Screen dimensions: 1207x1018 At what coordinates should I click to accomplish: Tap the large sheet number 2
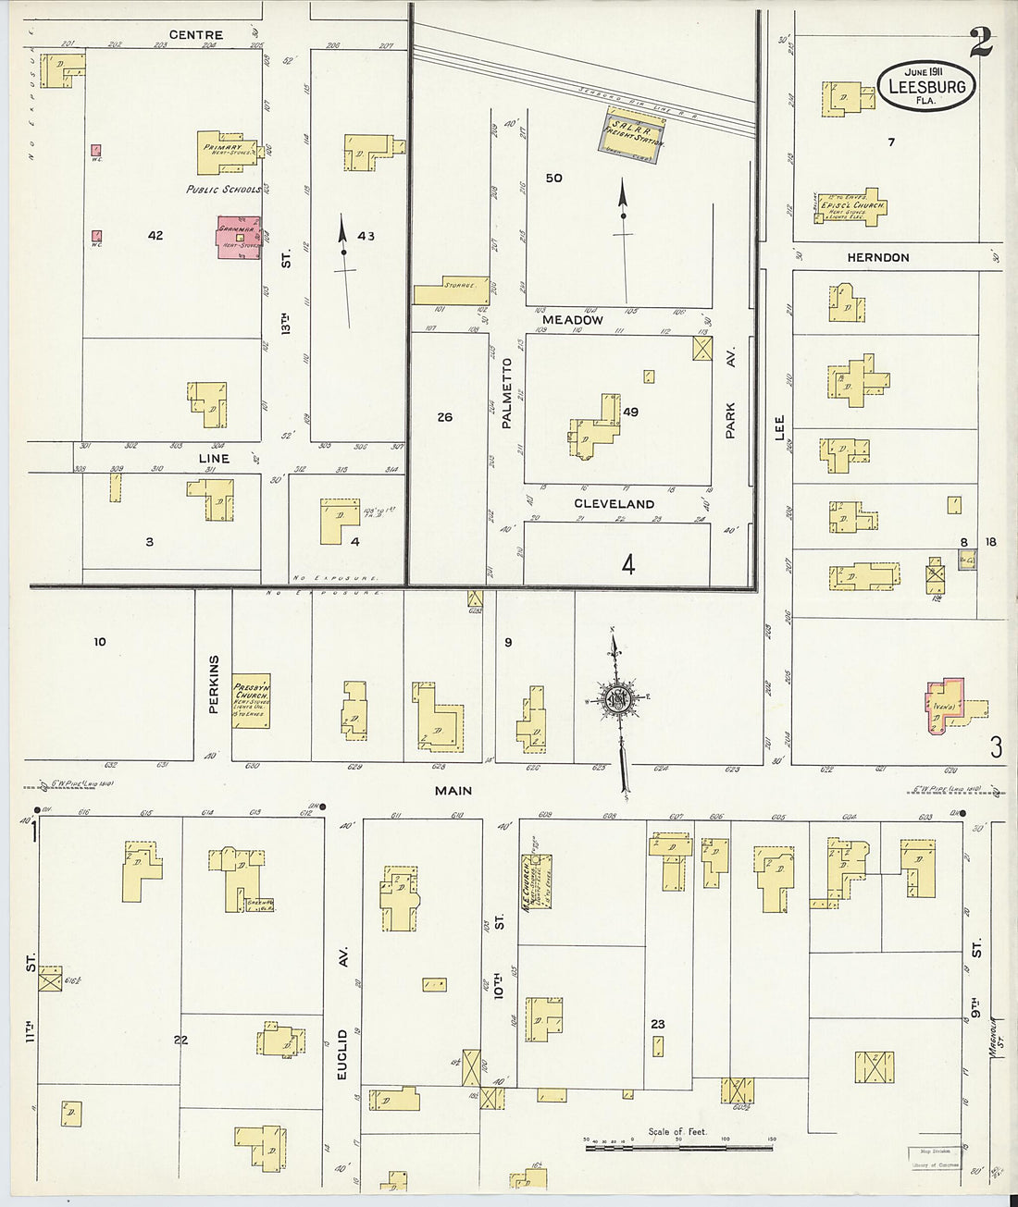(981, 42)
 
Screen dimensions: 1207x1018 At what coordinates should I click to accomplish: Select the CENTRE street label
(202, 35)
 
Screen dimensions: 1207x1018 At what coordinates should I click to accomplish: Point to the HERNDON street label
(877, 257)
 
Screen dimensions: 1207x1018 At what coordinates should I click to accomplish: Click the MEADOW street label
(579, 319)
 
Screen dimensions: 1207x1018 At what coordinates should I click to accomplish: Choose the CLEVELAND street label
(614, 504)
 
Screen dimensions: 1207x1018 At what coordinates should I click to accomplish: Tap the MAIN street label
(453, 790)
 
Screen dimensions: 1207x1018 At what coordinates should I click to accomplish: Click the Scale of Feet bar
(678, 1147)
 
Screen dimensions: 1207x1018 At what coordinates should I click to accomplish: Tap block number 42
(155, 236)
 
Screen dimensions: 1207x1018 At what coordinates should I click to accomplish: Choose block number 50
(553, 178)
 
